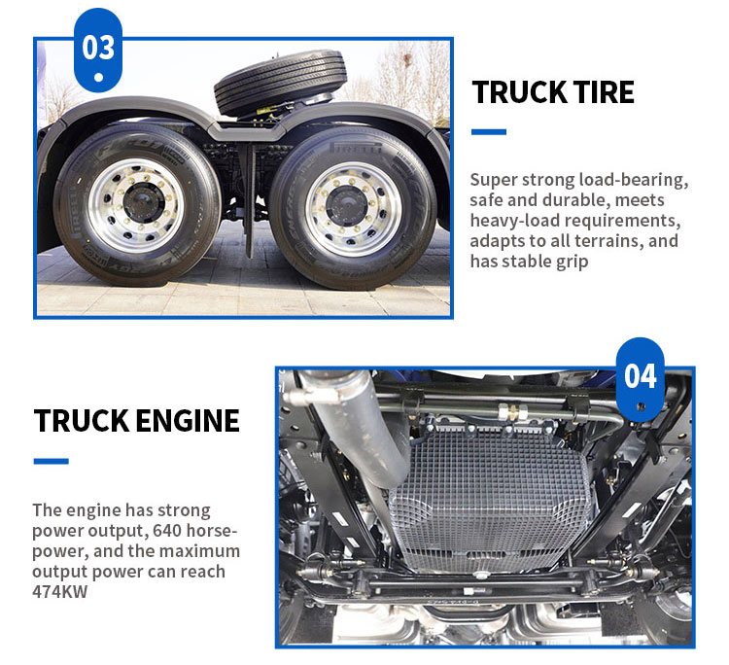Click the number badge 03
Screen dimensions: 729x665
[98, 50]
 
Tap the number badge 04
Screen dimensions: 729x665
[641, 379]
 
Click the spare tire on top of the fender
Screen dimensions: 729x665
[280, 82]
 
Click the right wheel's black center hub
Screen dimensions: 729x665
[347, 206]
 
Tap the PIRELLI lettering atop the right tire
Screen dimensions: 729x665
[356, 148]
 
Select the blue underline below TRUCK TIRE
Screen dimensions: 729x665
[489, 132]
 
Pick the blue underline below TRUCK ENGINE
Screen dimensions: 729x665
[52, 461]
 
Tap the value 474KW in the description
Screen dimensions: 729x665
[60, 592]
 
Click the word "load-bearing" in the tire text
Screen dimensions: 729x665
[633, 180]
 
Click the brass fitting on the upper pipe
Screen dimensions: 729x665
[512, 412]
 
